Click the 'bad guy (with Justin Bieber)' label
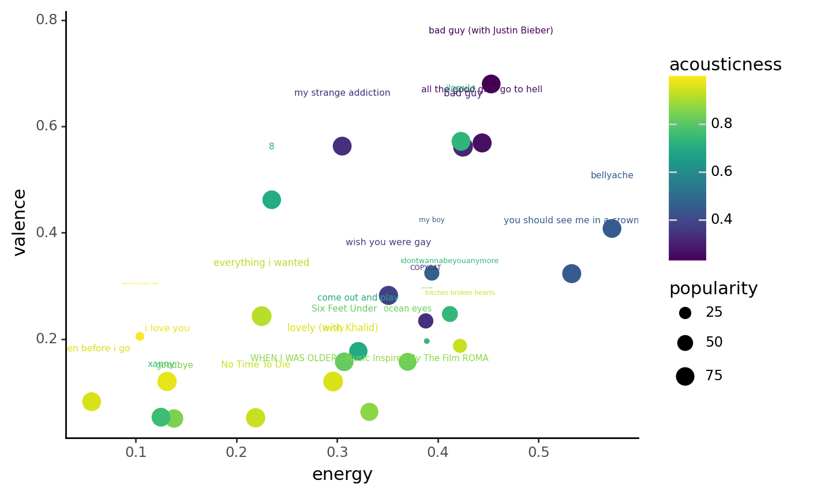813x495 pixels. pos(490,31)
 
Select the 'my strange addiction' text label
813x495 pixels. pos(342,93)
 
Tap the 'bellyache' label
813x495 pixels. pos(612,175)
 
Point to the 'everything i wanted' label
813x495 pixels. pos(261,263)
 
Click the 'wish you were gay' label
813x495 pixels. pos(388,242)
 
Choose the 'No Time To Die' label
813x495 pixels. pos(256,365)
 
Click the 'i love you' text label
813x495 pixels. pos(167,328)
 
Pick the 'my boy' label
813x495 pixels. pos(432,220)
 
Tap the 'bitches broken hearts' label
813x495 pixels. pos(460,293)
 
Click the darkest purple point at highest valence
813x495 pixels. pos(491,84)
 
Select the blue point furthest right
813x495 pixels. pos(612,228)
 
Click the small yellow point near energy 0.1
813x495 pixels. pos(140,336)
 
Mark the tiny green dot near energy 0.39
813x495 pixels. pos(426,341)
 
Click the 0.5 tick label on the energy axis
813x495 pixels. pos(538,452)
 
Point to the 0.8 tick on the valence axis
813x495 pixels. pos(47,20)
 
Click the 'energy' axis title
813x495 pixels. pos(342,475)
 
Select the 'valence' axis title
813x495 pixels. pos(20,222)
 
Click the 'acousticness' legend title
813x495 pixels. pos(725,65)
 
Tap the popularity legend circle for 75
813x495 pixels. pos(685,376)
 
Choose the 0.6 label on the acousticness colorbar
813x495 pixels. pos(721,172)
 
